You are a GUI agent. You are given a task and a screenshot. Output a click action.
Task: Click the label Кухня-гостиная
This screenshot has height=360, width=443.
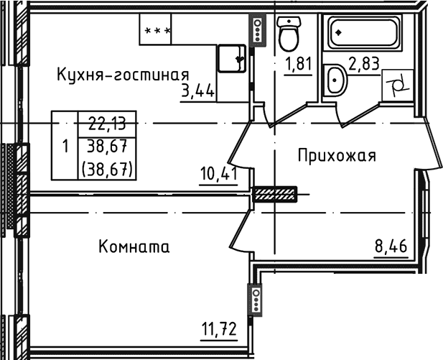pos(122,74)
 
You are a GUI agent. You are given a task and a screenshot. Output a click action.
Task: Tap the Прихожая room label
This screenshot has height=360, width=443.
pos(337,156)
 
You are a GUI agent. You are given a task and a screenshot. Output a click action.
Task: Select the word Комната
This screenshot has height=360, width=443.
pos(134,247)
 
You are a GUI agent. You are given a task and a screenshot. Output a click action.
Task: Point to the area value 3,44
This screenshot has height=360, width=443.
pos(198,92)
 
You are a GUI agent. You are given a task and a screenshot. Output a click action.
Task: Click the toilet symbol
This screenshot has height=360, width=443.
pos(290,32)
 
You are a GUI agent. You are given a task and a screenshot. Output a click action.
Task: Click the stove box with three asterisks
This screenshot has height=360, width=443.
pos(158,30)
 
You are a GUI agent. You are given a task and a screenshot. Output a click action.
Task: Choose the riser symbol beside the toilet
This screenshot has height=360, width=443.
pos(257,29)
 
